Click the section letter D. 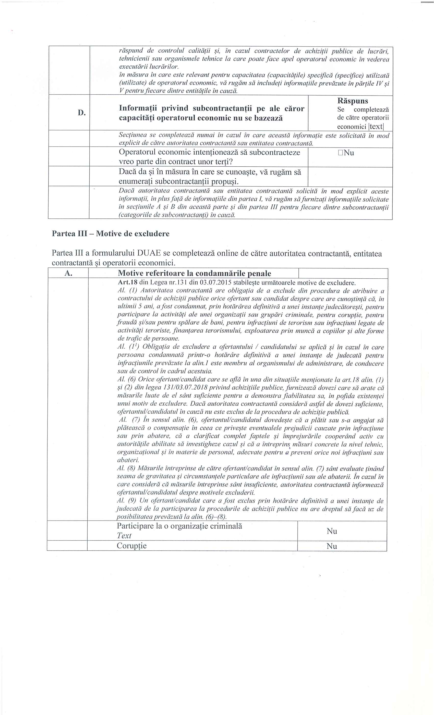click(82, 113)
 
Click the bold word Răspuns click(353, 101)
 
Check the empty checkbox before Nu click(341, 153)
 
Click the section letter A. click(68, 273)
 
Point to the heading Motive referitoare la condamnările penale click(194, 273)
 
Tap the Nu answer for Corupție click(332, 546)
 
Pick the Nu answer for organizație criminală click(332, 531)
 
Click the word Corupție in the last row click(131, 546)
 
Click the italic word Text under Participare click(124, 536)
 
